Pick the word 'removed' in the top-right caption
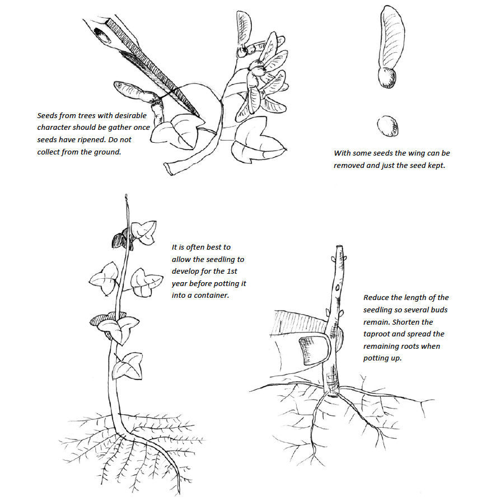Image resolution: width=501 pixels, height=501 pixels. (348, 165)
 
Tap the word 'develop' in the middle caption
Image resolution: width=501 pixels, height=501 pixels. (187, 271)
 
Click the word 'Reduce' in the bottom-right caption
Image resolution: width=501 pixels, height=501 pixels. (376, 297)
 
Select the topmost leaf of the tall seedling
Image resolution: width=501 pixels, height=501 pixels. (144, 230)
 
